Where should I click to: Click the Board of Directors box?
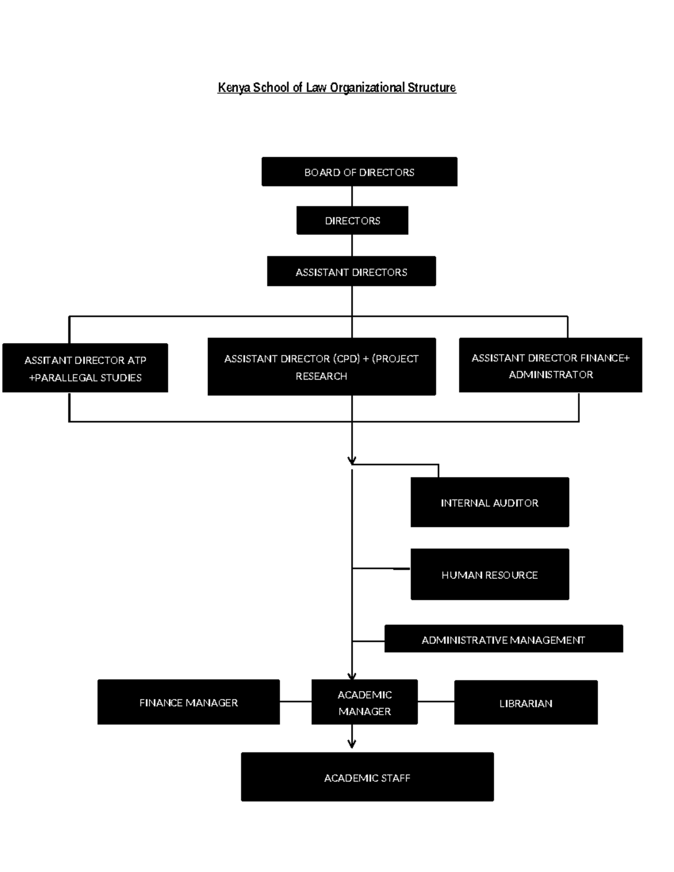(359, 172)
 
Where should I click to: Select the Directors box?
(352, 221)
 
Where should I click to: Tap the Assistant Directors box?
(351, 272)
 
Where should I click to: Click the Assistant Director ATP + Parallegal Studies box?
(85, 368)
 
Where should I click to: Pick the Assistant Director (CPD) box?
(321, 367)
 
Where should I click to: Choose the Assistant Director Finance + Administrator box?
(550, 366)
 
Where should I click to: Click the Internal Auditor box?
(489, 503)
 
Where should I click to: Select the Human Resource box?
(489, 574)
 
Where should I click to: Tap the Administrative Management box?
(503, 639)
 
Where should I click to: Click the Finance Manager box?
(188, 702)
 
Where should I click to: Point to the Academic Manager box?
(365, 702)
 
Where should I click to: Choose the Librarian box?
(526, 703)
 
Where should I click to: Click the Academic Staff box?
(367, 777)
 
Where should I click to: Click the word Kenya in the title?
(234, 88)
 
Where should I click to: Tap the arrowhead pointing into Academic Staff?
(352, 744)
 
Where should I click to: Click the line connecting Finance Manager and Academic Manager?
(295, 701)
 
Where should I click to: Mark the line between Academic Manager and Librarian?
(436, 701)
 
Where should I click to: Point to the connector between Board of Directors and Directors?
(352, 196)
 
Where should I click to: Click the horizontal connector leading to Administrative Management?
(368, 641)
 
